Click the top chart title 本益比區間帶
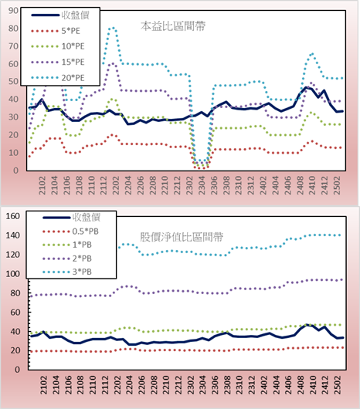click(x=173, y=26)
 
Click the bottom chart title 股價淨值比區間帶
click(x=182, y=237)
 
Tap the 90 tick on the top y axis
click(x=13, y=11)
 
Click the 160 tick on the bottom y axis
click(x=13, y=216)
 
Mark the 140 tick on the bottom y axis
click(x=13, y=235)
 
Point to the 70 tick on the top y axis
click(x=13, y=46)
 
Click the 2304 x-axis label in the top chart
click(x=202, y=185)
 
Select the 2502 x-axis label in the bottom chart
click(x=338, y=385)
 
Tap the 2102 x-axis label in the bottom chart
click(x=43, y=385)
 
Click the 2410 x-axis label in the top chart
click(x=312, y=185)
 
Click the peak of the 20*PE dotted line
click(x=113, y=27)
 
